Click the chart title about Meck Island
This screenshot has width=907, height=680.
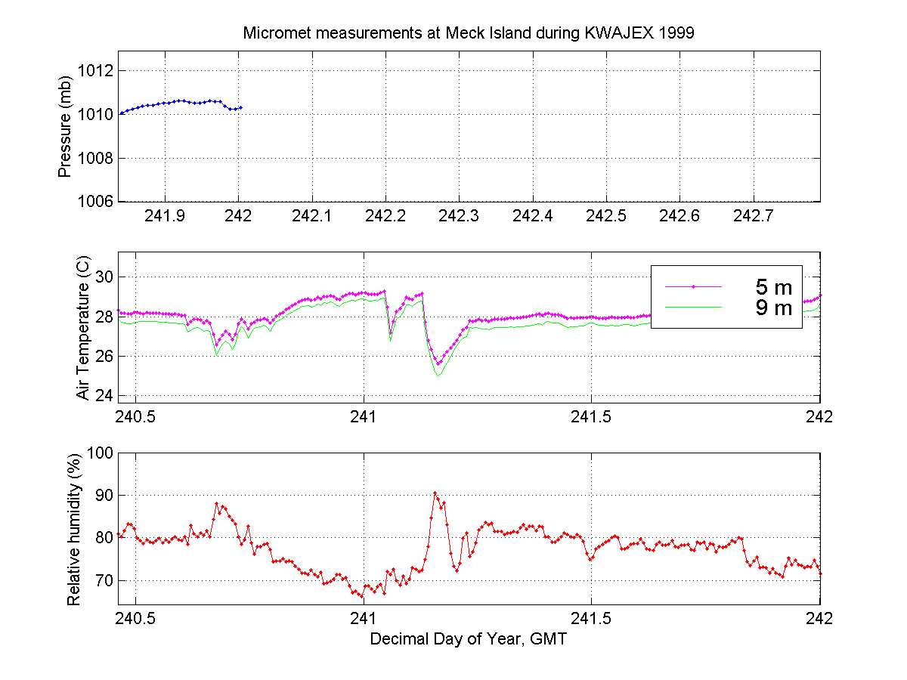click(468, 33)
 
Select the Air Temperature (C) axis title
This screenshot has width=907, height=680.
click(83, 326)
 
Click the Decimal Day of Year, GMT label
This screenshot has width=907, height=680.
click(468, 639)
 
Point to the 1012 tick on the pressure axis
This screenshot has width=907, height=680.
click(98, 71)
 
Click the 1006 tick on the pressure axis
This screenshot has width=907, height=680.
click(98, 202)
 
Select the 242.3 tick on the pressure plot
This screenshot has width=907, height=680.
click(459, 216)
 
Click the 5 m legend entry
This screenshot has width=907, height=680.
click(774, 287)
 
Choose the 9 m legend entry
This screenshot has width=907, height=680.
click(774, 308)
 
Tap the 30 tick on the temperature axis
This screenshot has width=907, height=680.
click(104, 276)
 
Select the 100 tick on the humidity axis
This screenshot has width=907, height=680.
click(100, 453)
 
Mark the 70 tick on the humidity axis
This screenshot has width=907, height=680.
click(104, 581)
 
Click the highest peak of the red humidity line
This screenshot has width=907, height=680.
click(435, 493)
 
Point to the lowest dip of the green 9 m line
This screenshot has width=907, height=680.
click(438, 376)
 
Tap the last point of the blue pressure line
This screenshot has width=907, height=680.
click(240, 107)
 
